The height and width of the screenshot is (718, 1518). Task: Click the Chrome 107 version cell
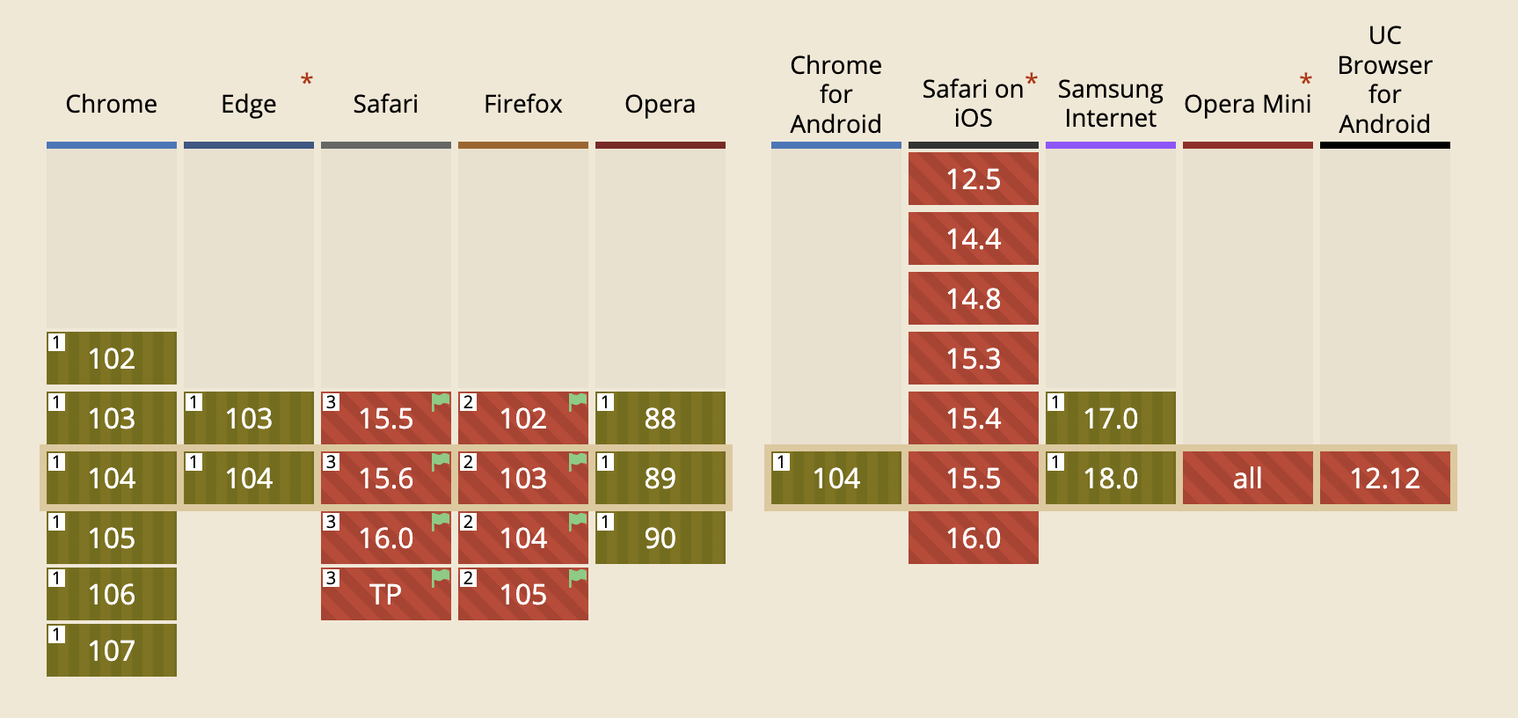pyautogui.click(x=112, y=650)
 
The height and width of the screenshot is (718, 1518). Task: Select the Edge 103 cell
pyautogui.click(x=249, y=418)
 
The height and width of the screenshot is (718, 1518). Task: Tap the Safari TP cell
pyautogui.click(x=386, y=594)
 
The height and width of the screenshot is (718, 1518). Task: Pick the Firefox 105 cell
pyautogui.click(x=523, y=594)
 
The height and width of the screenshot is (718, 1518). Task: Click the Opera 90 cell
pyautogui.click(x=660, y=538)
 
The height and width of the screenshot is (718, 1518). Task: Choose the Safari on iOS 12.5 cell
pyautogui.click(x=974, y=179)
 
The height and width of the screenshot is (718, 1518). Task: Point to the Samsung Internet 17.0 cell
pyautogui.click(x=1111, y=418)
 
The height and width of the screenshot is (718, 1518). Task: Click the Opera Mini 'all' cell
pyautogui.click(x=1248, y=478)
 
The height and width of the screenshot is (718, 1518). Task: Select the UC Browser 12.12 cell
pyautogui.click(x=1385, y=478)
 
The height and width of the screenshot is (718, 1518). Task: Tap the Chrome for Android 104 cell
pyautogui.click(x=836, y=478)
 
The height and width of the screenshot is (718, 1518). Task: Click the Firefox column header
pyautogui.click(x=523, y=104)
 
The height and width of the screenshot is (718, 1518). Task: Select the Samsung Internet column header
pyautogui.click(x=1111, y=104)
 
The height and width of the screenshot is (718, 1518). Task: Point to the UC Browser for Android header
pyautogui.click(x=1385, y=79)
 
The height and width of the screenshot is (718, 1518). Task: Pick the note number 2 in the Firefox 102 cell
pyautogui.click(x=469, y=402)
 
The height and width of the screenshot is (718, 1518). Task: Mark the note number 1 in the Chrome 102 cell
pyautogui.click(x=57, y=342)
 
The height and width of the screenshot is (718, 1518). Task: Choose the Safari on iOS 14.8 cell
pyautogui.click(x=974, y=298)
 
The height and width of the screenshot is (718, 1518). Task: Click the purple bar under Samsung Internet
pyautogui.click(x=1111, y=145)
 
